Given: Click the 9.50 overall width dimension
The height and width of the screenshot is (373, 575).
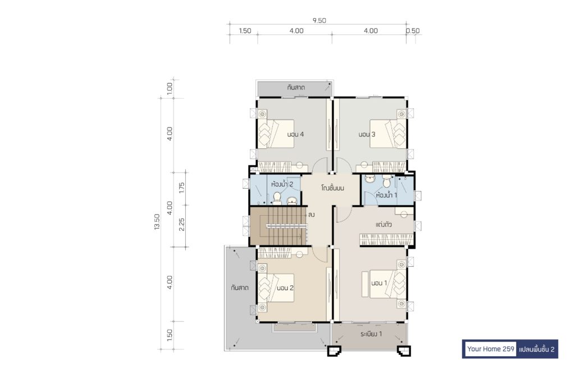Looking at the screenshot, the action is (x=319, y=21).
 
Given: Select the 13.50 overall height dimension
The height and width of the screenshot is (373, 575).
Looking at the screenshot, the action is (x=157, y=222).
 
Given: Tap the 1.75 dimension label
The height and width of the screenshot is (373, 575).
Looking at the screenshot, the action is (x=181, y=188).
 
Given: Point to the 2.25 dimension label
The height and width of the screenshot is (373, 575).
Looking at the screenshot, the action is (x=181, y=225).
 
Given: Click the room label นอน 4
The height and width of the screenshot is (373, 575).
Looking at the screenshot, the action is (x=295, y=134).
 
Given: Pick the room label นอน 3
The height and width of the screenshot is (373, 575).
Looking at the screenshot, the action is (x=367, y=134).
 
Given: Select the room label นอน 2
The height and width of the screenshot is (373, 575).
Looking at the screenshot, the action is (x=285, y=288).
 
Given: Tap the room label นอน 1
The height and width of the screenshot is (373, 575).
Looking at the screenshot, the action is (x=379, y=283).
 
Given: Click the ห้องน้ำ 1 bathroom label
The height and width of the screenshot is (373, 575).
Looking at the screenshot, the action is (x=386, y=195).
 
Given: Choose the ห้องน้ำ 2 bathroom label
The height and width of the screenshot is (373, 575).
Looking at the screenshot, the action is (x=282, y=184).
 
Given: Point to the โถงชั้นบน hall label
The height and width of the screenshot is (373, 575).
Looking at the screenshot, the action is (x=332, y=188).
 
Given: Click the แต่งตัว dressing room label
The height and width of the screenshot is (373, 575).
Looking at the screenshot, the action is (x=384, y=225).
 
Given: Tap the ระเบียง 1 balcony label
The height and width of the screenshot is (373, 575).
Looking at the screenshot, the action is (x=371, y=334).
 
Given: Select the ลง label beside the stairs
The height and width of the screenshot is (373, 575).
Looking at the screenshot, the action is (x=311, y=215).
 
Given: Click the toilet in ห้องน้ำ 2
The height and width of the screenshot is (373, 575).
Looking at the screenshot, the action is (x=277, y=198).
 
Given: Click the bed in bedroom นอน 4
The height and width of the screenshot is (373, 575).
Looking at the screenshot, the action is (x=276, y=134).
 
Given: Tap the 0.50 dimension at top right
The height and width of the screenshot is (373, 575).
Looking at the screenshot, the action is (x=413, y=31).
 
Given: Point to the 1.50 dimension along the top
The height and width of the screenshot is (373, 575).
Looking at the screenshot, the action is (x=245, y=31).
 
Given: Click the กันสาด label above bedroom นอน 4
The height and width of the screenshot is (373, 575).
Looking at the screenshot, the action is (x=296, y=88).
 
